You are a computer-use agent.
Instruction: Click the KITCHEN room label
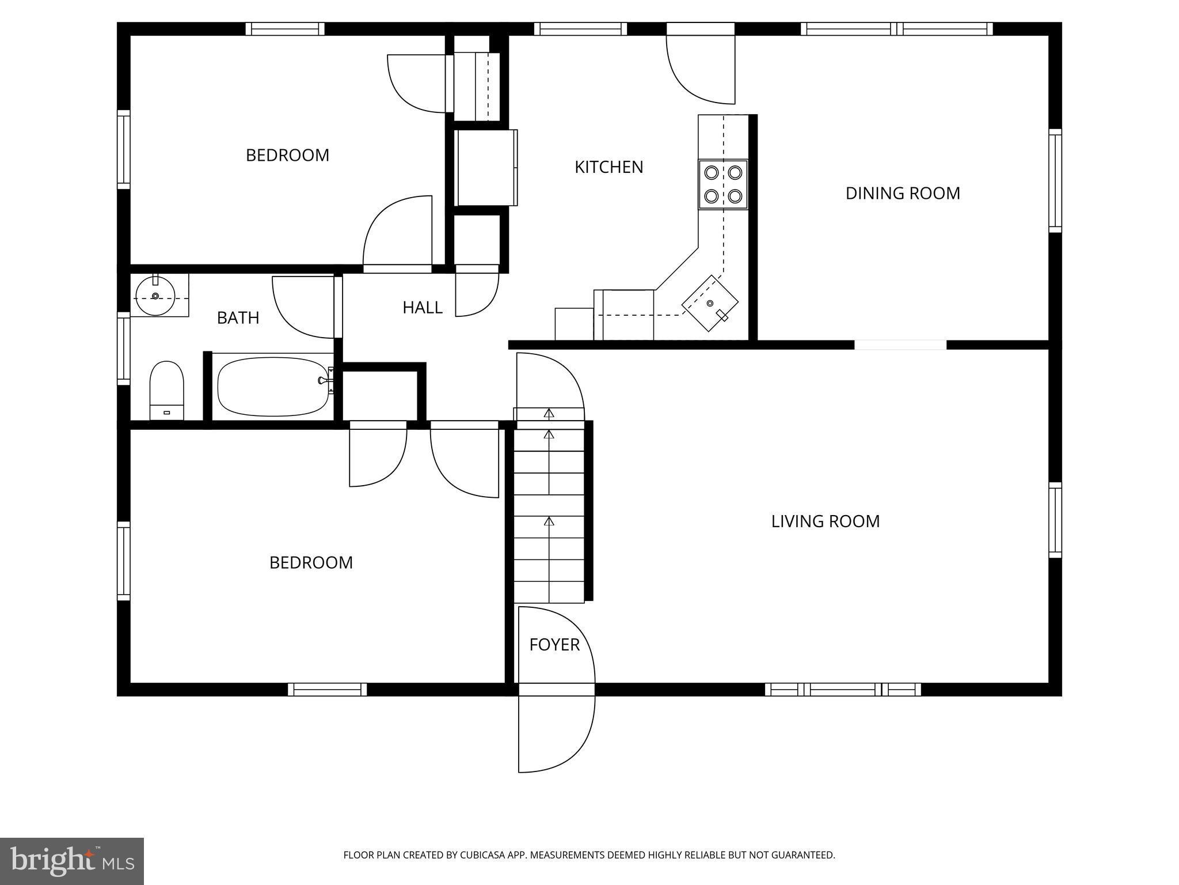click(x=608, y=167)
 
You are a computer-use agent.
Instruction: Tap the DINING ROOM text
click(x=902, y=193)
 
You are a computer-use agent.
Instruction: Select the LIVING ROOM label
click(x=825, y=521)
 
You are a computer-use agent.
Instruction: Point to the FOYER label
click(x=554, y=645)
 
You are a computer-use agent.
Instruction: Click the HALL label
click(x=422, y=308)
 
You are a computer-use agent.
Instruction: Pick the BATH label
click(x=238, y=318)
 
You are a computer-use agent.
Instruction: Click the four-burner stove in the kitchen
click(x=723, y=184)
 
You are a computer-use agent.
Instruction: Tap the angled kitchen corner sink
click(x=710, y=303)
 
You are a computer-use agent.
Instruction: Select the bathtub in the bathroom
click(x=272, y=387)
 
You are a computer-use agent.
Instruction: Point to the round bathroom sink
click(x=155, y=296)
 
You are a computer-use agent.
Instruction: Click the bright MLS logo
click(x=71, y=861)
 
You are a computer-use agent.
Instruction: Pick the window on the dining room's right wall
click(x=1055, y=181)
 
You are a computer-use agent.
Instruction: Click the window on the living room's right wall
click(x=1055, y=520)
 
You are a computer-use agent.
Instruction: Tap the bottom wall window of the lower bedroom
click(x=327, y=689)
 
